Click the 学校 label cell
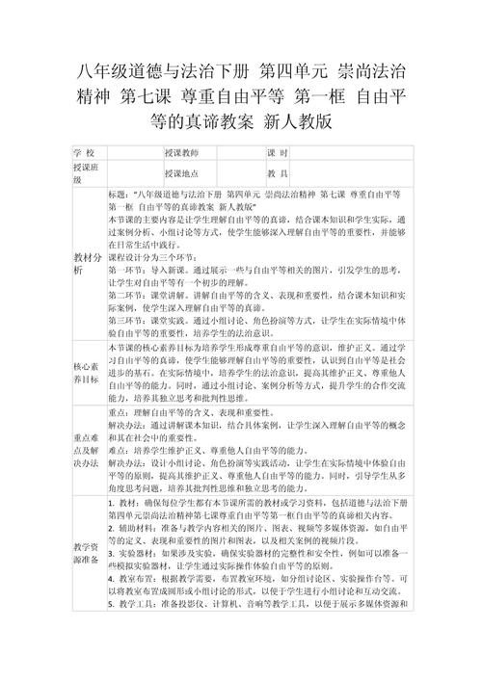pos(84,153)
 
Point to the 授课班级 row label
pos(84,172)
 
